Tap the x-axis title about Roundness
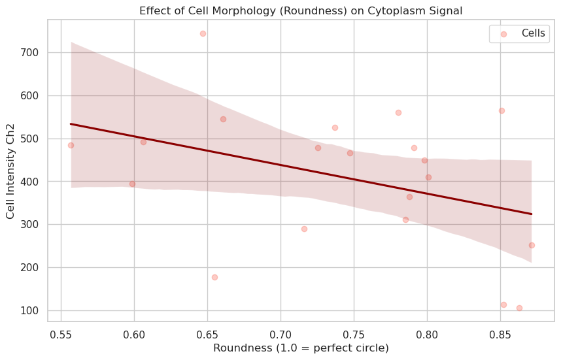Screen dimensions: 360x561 tap(301, 348)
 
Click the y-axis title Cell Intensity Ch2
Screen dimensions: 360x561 tap(10, 169)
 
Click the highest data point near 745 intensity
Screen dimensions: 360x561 tap(203, 33)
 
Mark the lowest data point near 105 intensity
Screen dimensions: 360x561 tap(519, 308)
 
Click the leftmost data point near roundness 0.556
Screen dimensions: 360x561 tap(71, 145)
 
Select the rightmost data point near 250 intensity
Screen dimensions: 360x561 tap(532, 245)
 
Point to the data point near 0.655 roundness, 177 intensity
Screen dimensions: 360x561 tap(214, 277)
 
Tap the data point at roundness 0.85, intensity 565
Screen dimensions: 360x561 tap(501, 110)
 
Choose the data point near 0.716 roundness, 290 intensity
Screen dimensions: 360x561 tap(304, 229)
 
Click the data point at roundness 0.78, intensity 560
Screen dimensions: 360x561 tap(398, 112)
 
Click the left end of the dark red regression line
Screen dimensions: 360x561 tap(71, 123)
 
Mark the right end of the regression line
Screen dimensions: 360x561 tap(532, 214)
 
